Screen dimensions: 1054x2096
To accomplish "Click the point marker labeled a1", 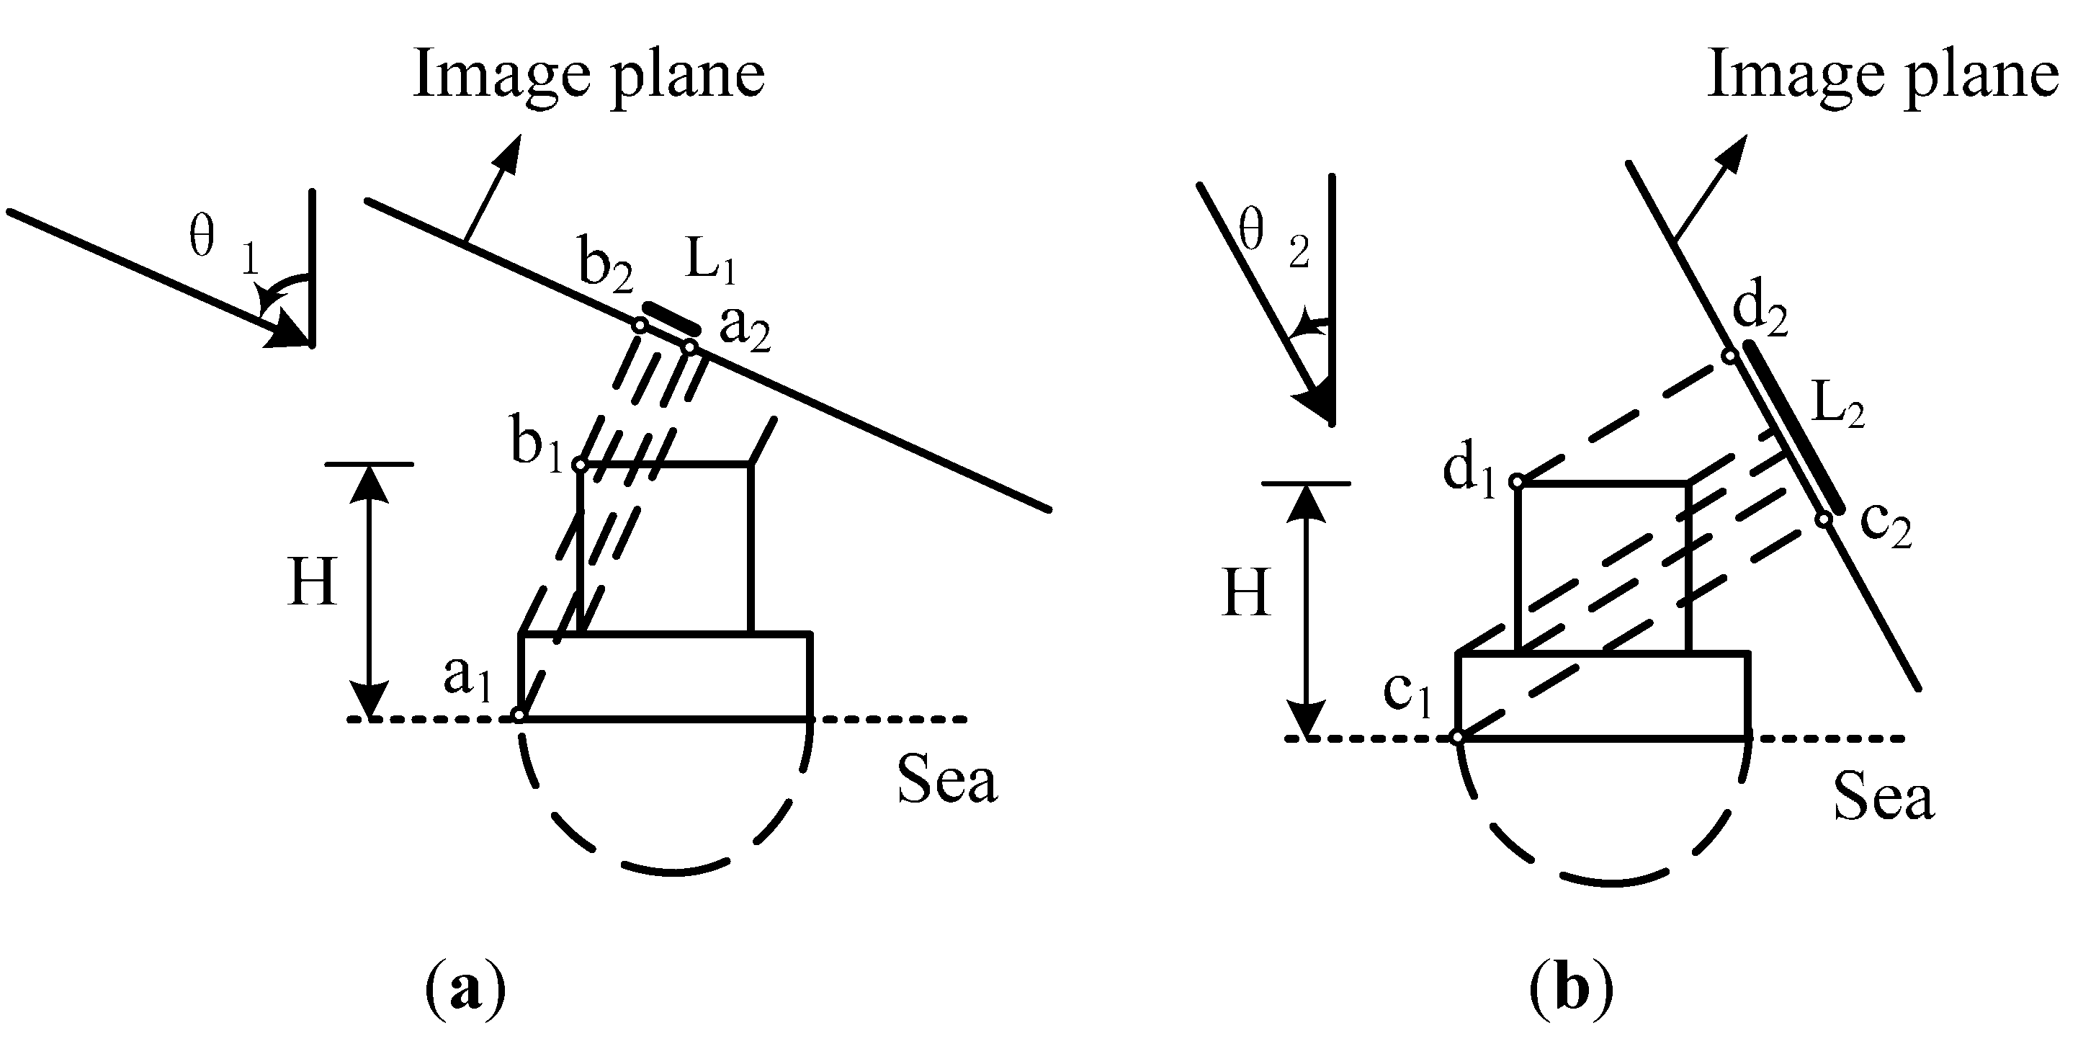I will [519, 716].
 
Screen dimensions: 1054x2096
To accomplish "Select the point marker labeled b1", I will [580, 465].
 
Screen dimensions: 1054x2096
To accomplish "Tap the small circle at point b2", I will [640, 326].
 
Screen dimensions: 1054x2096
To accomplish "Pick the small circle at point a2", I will [689, 347].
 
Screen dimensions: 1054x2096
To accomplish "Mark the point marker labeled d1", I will [1517, 482].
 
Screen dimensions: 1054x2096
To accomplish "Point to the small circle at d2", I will [1731, 355].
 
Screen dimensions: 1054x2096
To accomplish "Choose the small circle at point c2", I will [1825, 519].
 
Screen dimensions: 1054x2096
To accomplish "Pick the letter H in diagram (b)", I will [1247, 592].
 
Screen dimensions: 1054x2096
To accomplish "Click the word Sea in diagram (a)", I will [946, 780].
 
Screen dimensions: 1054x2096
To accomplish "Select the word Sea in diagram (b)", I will [1883, 797].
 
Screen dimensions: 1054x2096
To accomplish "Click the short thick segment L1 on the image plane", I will [671, 318].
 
